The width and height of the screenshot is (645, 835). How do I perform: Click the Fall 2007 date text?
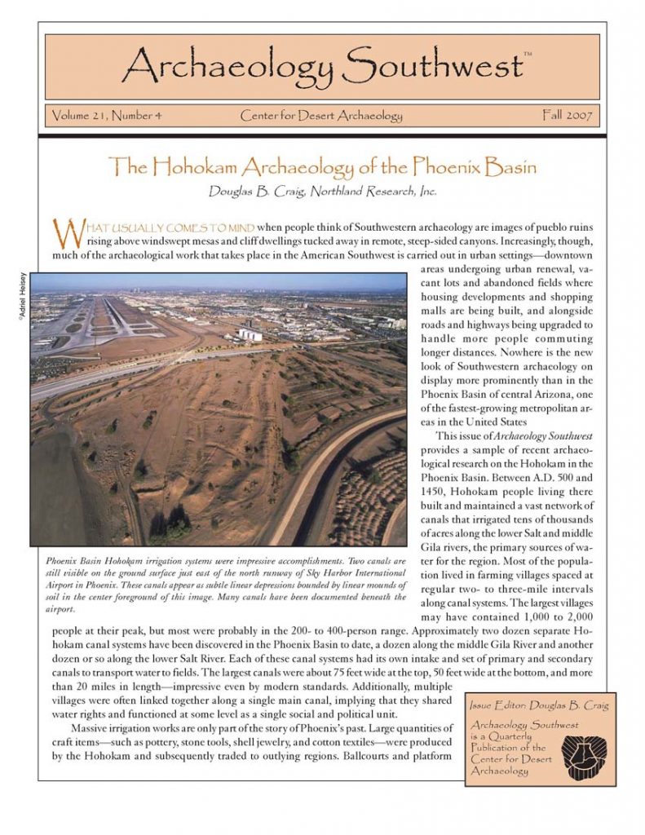coord(568,116)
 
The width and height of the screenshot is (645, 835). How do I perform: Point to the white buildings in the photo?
coord(250,333)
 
